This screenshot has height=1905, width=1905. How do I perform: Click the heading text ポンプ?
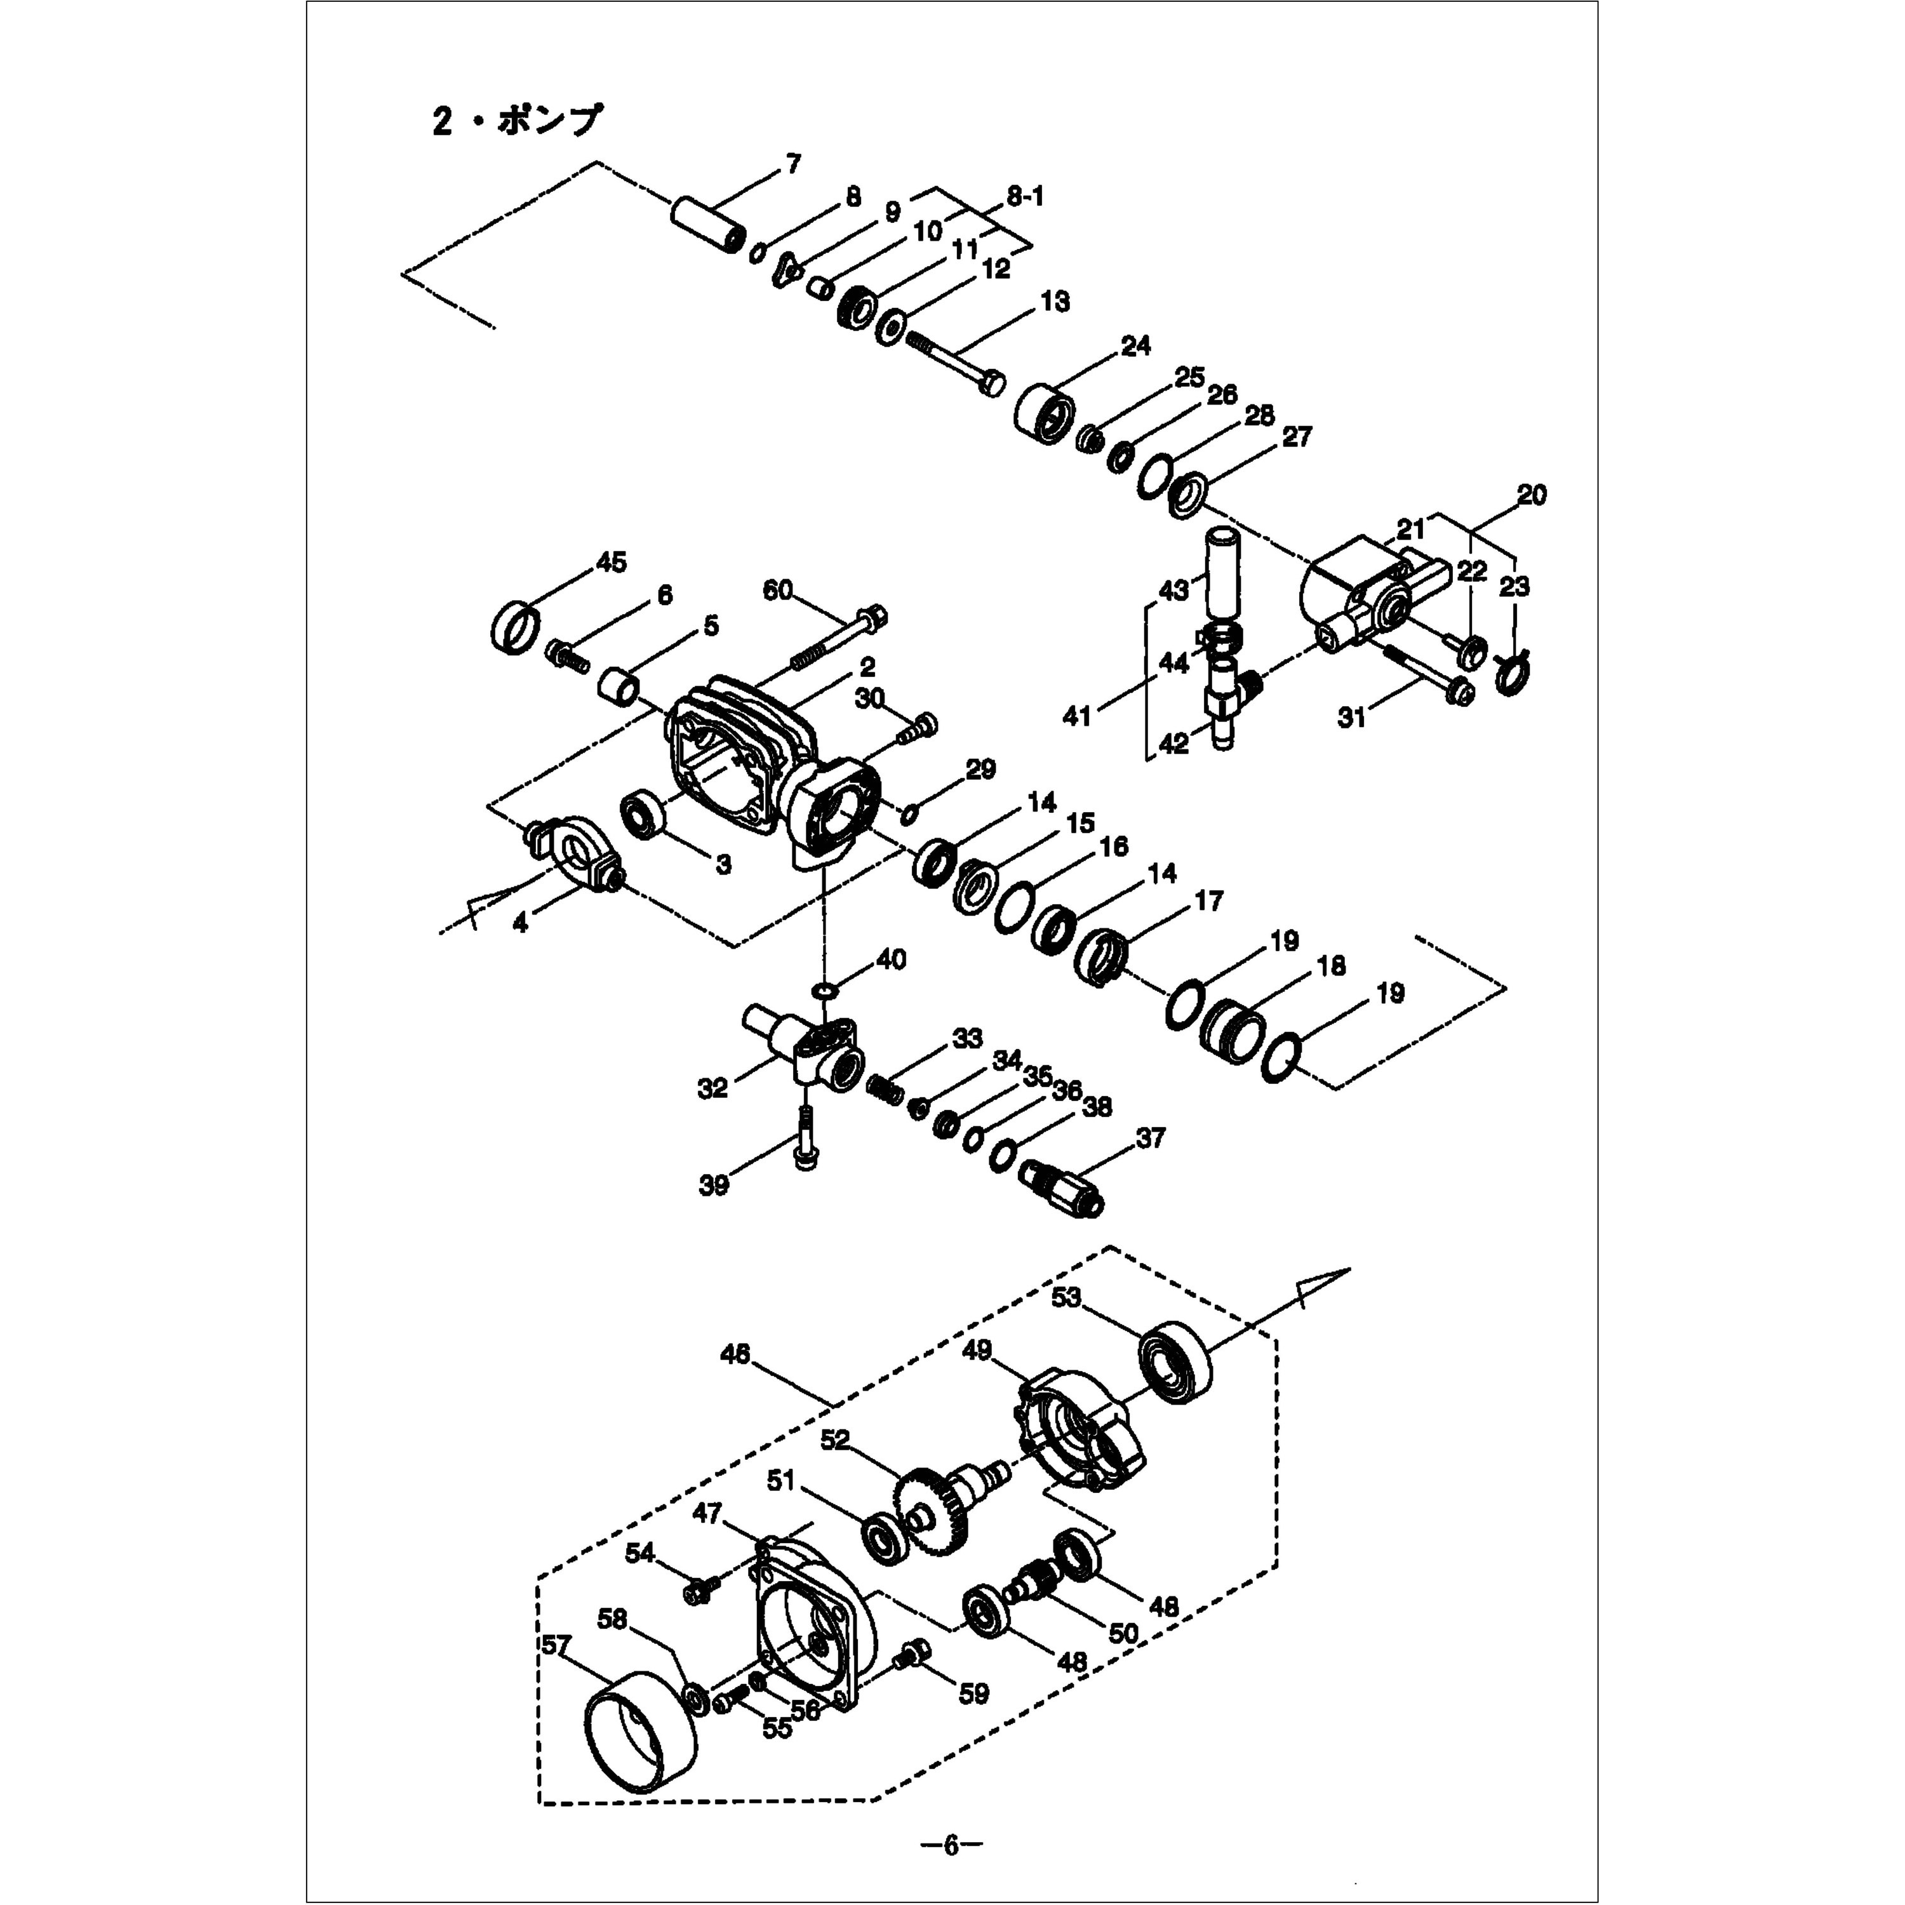coord(547,123)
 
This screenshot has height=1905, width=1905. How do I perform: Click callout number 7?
coord(792,164)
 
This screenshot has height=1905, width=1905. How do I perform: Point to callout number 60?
coord(777,591)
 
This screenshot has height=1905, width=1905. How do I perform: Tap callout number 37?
coord(1150,1138)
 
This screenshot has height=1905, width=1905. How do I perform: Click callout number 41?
coord(1077,715)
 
